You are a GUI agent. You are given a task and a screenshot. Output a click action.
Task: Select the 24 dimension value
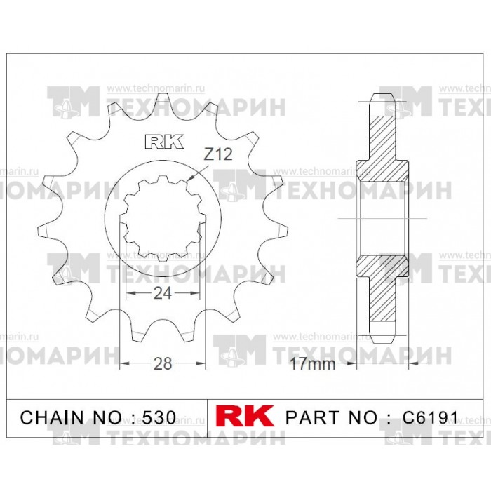[163, 293]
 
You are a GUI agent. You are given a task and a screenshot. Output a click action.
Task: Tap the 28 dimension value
[163, 363]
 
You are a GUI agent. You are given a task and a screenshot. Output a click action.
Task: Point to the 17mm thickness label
[313, 363]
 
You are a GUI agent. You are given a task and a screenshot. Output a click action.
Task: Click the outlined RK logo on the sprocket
[164, 142]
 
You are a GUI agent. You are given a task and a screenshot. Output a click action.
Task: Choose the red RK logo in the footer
[245, 416]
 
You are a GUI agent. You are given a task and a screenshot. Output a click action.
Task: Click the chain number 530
[159, 417]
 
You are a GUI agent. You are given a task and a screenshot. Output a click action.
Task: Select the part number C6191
[430, 417]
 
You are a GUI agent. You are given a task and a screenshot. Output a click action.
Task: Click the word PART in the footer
[312, 417]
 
